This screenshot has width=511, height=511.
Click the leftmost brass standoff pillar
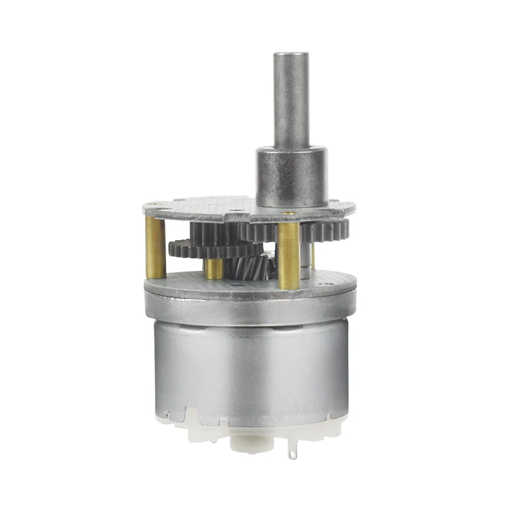pos(155,248)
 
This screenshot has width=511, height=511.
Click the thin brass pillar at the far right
pos(313,256)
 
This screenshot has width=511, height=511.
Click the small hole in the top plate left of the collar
pos(237,208)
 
